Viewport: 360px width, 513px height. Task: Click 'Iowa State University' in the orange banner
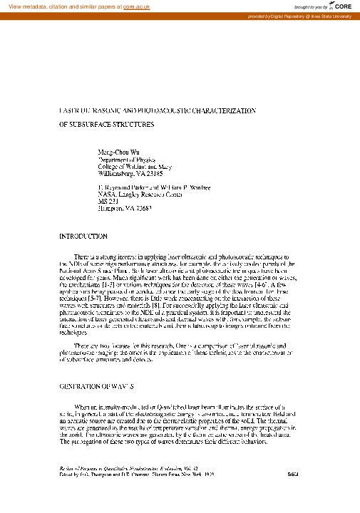(x=329, y=16)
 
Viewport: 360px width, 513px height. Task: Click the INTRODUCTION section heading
(x=83, y=236)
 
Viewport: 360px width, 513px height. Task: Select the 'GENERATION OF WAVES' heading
(x=96, y=385)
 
